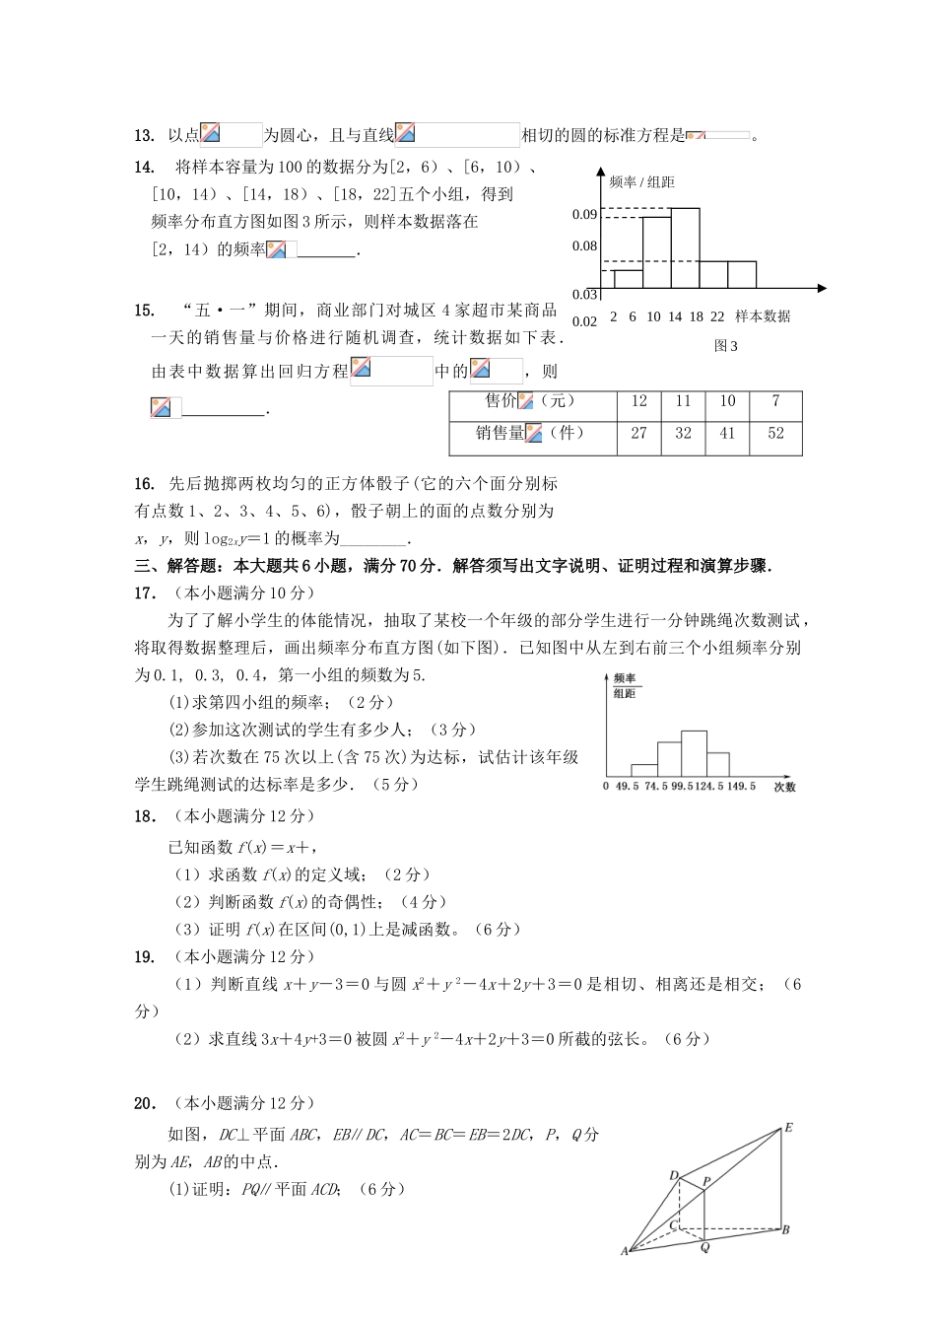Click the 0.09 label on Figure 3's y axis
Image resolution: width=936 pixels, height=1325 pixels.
tap(584, 215)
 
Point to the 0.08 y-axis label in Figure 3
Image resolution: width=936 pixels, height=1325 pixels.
tap(584, 246)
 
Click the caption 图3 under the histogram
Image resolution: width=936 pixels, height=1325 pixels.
tap(725, 346)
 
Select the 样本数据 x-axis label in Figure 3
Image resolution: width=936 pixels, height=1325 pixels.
tap(763, 316)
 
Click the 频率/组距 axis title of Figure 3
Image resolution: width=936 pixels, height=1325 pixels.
tap(641, 182)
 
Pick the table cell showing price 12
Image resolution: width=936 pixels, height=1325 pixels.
tap(638, 401)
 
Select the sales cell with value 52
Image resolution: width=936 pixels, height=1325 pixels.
tap(775, 434)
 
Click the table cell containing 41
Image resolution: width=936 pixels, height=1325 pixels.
tap(727, 434)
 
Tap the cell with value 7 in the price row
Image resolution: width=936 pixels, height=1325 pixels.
tap(775, 401)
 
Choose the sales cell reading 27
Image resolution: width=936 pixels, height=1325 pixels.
tap(638, 434)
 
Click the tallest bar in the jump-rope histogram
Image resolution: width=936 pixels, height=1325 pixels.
tap(694, 753)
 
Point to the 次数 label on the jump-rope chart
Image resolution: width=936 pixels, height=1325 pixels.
tap(784, 787)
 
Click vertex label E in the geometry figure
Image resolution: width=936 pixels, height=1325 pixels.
tap(788, 1128)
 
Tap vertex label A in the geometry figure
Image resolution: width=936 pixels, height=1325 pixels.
tap(625, 1252)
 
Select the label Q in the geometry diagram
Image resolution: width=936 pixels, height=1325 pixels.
tap(704, 1247)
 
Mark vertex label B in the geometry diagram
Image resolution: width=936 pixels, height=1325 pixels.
tap(786, 1229)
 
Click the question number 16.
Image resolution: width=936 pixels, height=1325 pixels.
tap(144, 484)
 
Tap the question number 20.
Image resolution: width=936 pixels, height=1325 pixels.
tap(144, 1104)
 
